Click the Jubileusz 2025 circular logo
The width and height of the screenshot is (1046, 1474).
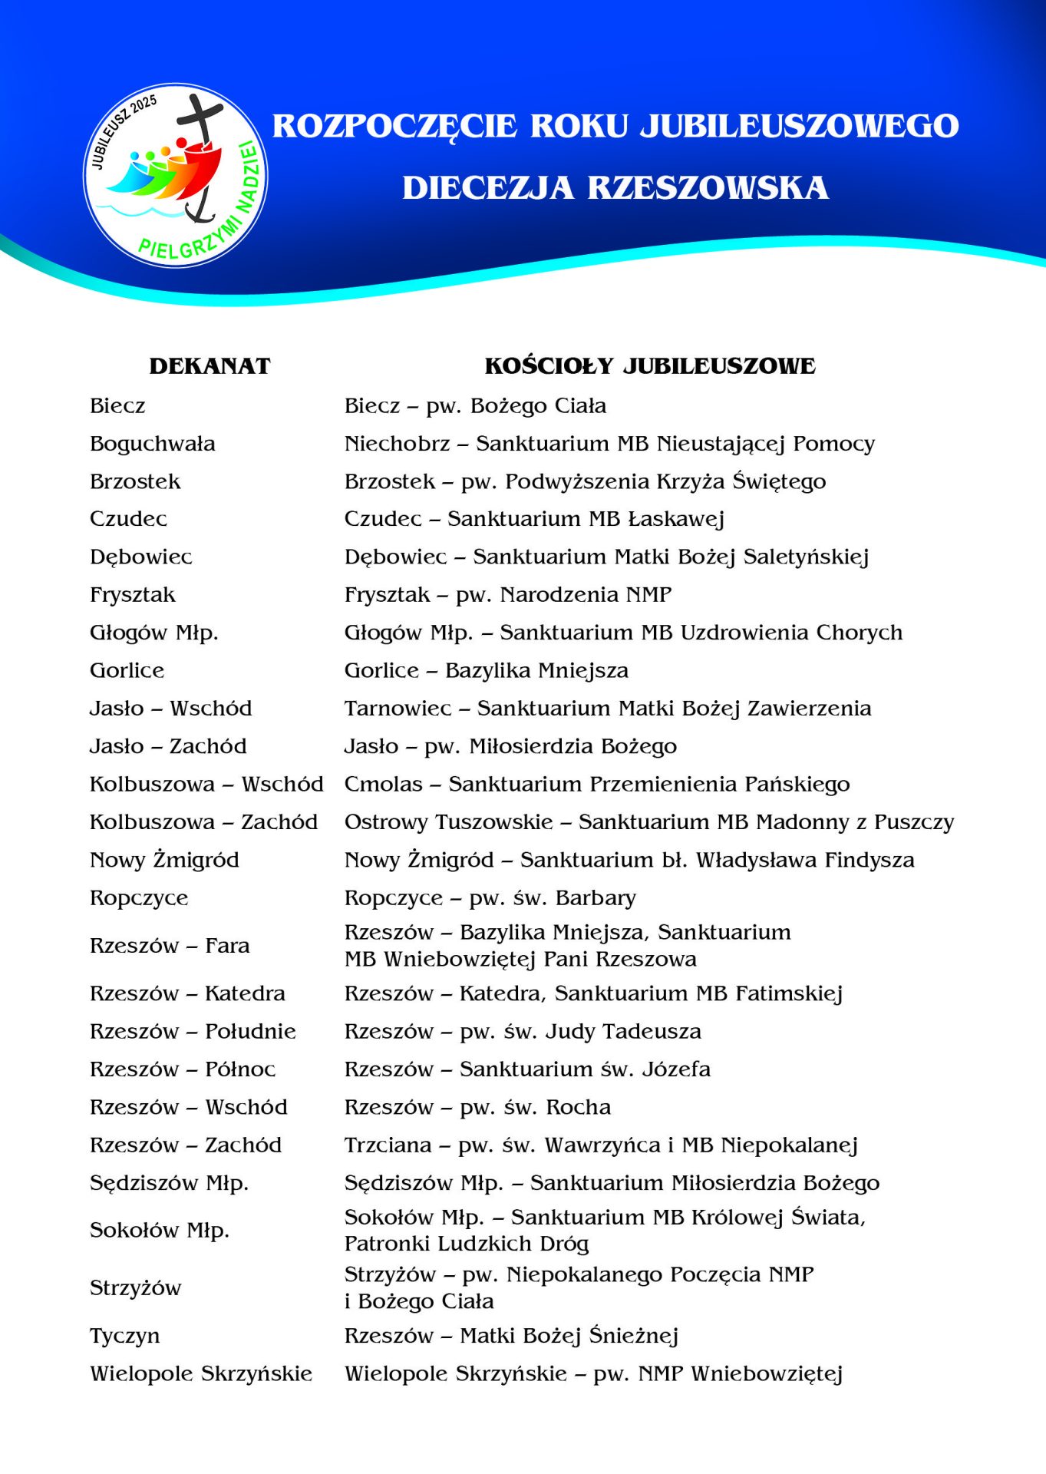[176, 175]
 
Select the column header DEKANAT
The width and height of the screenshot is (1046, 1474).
[210, 366]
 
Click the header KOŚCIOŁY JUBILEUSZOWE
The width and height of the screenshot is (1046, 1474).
[649, 366]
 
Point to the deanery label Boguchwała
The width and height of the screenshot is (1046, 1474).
[152, 444]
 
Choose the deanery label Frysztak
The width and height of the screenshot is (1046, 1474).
[132, 595]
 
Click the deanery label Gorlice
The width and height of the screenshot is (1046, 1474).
[127, 671]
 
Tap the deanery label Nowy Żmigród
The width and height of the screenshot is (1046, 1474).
[164, 860]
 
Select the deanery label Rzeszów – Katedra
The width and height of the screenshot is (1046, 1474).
[187, 993]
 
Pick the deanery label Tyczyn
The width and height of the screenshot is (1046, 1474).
[124, 1337]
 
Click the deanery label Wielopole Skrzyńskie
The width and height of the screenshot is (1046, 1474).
[201, 1374]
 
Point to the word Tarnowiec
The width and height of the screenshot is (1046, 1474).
[398, 709]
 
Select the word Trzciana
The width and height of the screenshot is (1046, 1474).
[388, 1145]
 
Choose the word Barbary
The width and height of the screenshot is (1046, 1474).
[596, 898]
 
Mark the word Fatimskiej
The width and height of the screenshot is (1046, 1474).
[789, 994]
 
